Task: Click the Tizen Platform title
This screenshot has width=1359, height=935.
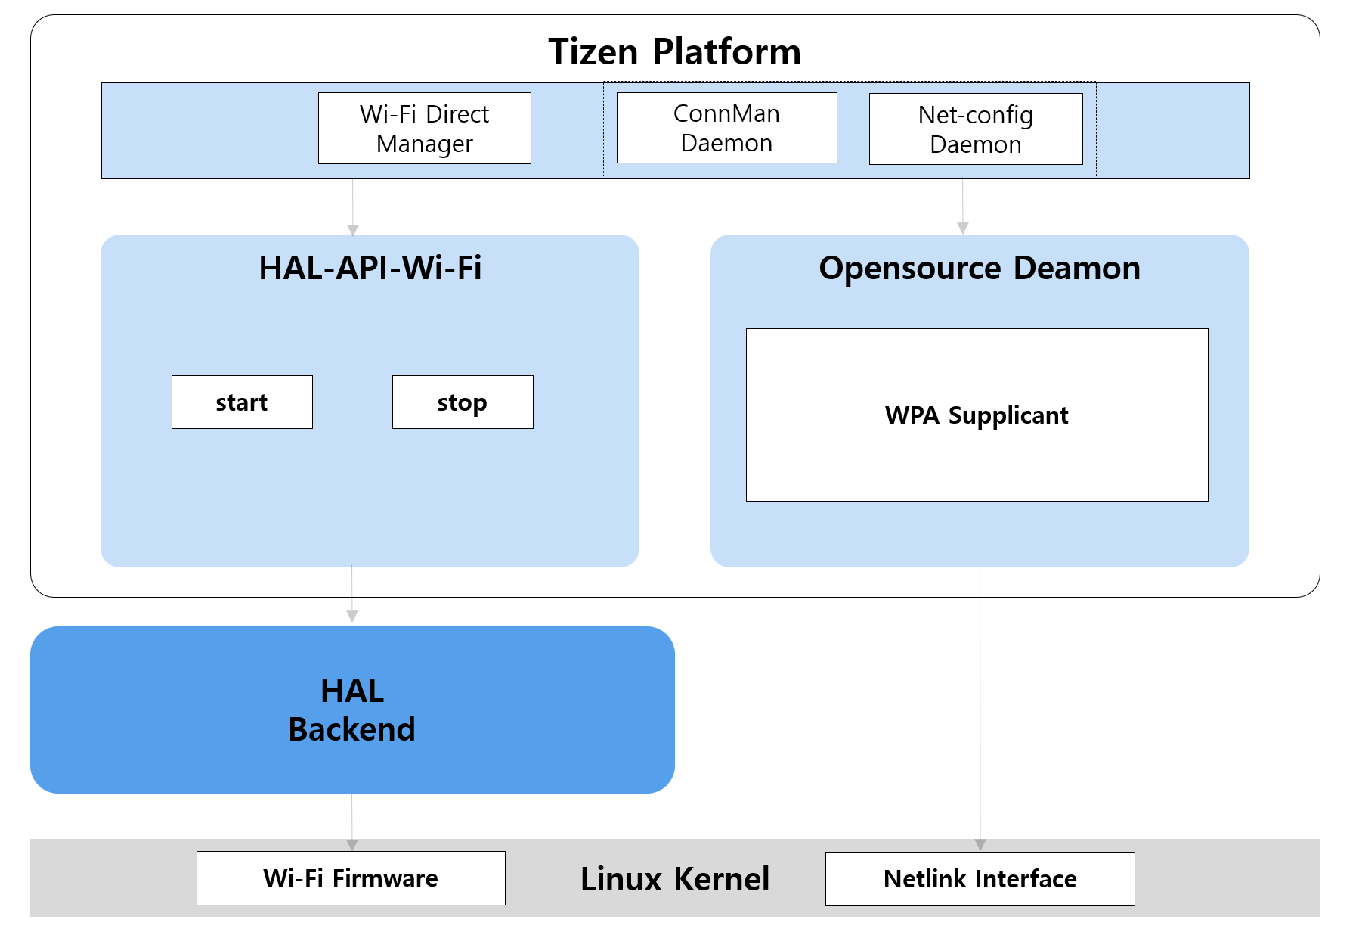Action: [674, 52]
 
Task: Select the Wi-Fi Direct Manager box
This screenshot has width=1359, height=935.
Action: [424, 128]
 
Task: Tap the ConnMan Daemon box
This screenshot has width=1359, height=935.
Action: [726, 128]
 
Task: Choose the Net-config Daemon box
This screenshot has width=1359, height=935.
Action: [975, 129]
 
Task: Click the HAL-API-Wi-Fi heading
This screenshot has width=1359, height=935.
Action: [370, 268]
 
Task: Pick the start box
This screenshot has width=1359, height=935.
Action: [242, 402]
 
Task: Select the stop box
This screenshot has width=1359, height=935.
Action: [463, 402]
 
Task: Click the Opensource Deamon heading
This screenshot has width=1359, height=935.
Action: [979, 268]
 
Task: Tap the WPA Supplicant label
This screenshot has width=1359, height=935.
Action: [977, 415]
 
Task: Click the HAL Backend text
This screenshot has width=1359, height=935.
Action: [352, 710]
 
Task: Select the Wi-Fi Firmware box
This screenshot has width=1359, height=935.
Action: [351, 878]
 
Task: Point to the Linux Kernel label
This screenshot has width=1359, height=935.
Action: [674, 878]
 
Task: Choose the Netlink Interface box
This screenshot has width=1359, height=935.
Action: [980, 878]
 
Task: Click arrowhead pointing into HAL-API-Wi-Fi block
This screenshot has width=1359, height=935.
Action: [353, 230]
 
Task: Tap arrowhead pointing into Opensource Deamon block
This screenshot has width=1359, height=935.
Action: [962, 228]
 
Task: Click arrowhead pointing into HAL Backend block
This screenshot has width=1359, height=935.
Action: [352, 617]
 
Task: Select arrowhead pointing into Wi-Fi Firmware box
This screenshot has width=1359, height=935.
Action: [352, 845]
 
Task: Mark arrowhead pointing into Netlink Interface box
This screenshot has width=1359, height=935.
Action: [980, 845]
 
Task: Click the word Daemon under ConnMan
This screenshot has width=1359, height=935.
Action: [726, 143]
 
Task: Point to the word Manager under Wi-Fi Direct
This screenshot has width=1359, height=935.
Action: [424, 144]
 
